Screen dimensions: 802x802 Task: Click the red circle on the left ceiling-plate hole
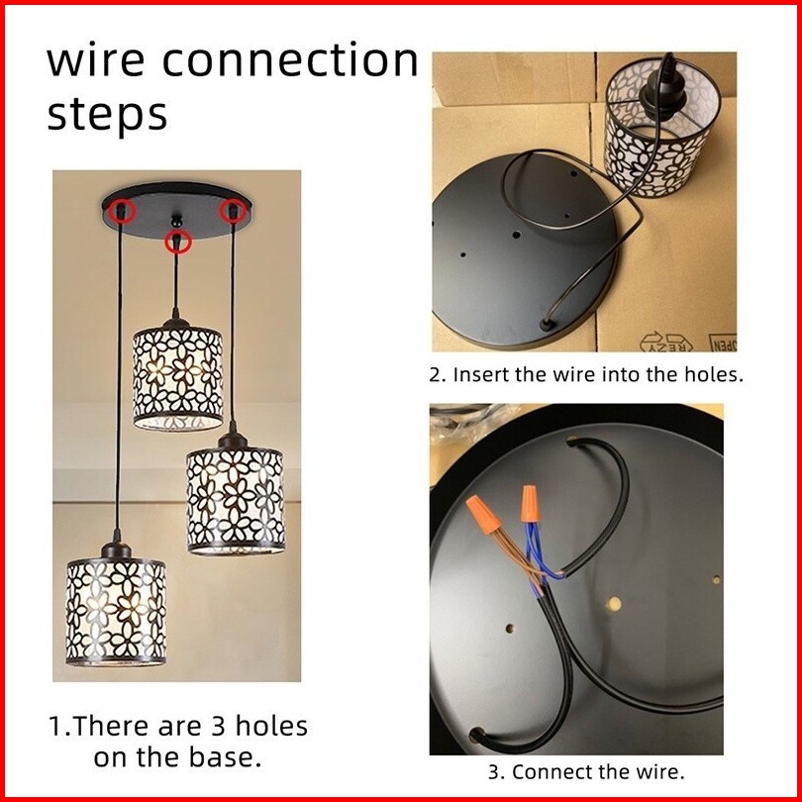pyautogui.click(x=122, y=210)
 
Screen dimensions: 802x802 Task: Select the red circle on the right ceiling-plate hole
pyautogui.click(x=234, y=210)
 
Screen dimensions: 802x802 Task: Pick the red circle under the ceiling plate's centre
pyautogui.click(x=177, y=242)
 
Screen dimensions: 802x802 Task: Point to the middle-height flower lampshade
pyautogui.click(x=236, y=500)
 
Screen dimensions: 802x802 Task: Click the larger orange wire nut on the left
pyautogui.click(x=484, y=514)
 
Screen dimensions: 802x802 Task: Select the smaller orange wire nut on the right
pyautogui.click(x=531, y=504)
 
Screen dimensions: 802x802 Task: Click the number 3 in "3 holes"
pyautogui.click(x=219, y=727)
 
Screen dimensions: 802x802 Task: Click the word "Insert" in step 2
pyautogui.click(x=481, y=375)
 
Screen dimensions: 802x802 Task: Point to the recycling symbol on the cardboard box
pyautogui.click(x=666, y=342)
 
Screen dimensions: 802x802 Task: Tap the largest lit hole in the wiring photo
pyautogui.click(x=614, y=604)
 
